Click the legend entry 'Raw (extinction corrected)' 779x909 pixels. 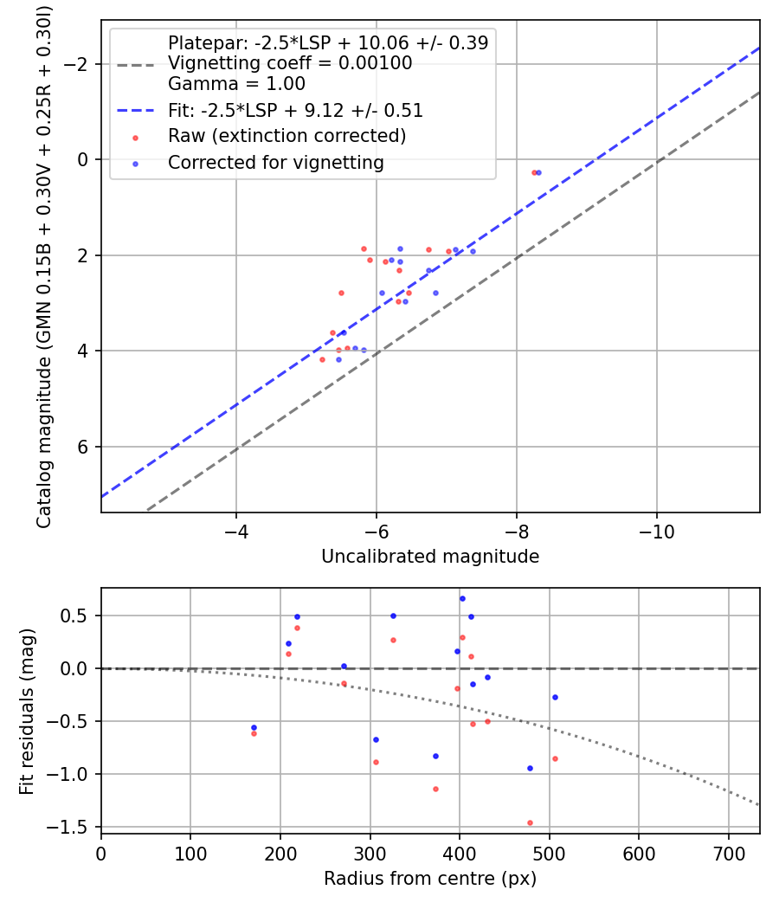[286, 136]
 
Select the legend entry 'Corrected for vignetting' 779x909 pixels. [275, 162]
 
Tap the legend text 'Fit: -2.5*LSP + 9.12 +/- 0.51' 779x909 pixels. [295, 111]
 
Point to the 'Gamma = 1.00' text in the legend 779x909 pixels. [236, 85]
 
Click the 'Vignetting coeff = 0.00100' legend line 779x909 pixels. [290, 63]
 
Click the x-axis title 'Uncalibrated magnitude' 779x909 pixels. [430, 557]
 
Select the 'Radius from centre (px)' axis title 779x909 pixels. [430, 879]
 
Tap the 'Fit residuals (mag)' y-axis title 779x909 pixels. [27, 710]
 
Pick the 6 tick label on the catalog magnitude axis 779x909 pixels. [83, 447]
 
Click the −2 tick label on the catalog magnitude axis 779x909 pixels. [78, 64]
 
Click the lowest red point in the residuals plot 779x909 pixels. [530, 822]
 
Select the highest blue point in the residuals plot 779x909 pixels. [462, 598]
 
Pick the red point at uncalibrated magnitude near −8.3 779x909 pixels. [534, 172]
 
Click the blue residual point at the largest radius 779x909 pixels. [555, 697]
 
